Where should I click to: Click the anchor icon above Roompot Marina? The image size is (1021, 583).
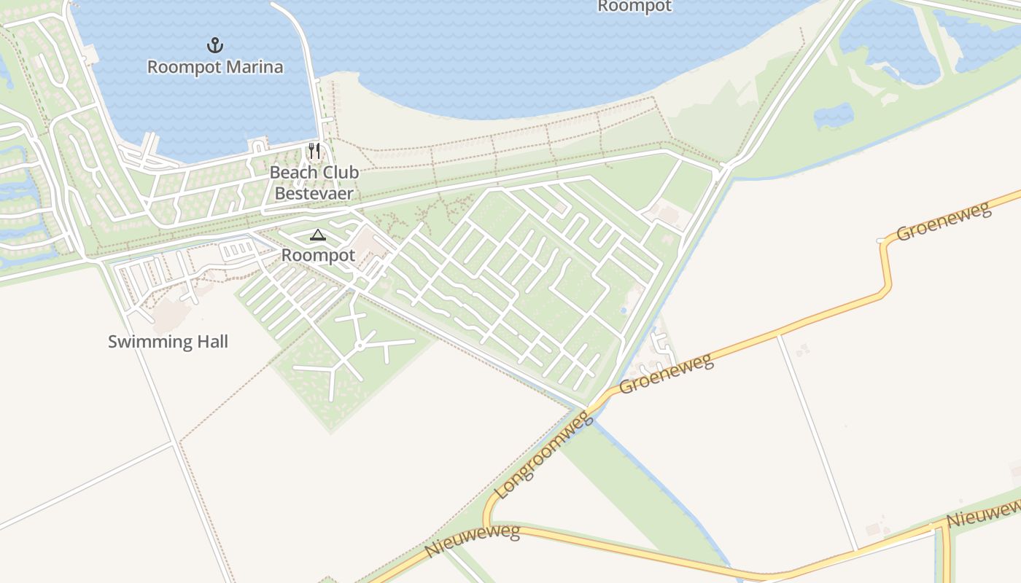tap(214, 46)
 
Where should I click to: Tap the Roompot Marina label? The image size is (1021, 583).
tap(215, 67)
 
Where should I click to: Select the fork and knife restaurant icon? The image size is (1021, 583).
tap(314, 151)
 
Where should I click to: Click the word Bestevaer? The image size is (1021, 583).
tap(314, 193)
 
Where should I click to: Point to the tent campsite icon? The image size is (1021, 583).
tap(317, 235)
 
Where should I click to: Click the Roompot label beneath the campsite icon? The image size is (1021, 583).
tap(318, 255)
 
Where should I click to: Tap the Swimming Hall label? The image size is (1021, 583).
tap(168, 341)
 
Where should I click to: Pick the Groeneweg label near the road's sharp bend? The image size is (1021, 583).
tap(944, 221)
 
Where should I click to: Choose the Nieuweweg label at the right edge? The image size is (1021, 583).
tap(983, 514)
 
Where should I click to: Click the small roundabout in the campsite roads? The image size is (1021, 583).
tap(360, 345)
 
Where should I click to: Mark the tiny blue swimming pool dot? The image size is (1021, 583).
tap(624, 310)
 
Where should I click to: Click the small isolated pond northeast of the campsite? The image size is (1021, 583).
tap(834, 114)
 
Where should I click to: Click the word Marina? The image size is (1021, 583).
tap(254, 67)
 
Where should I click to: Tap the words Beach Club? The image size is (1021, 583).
tap(314, 172)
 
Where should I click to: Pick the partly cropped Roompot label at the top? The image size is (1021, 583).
tap(634, 6)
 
